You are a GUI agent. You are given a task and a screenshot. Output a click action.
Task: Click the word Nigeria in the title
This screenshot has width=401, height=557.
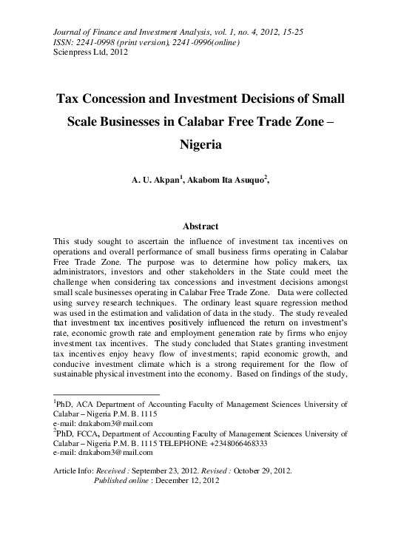click(x=200, y=146)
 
